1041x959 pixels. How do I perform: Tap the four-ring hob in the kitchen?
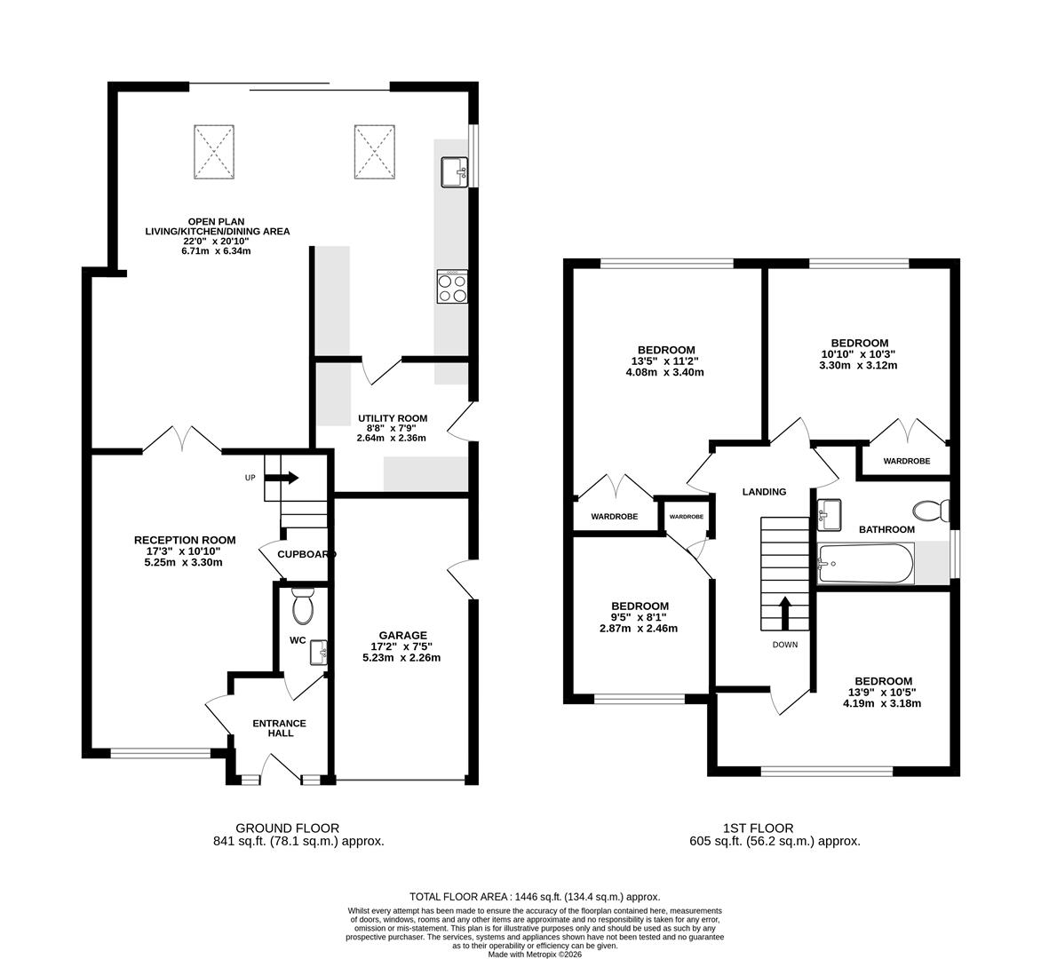coord(452,287)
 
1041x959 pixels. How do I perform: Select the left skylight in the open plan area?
coord(214,152)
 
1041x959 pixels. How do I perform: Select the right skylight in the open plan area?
coord(375,152)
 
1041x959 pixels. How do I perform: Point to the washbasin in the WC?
coord(320,653)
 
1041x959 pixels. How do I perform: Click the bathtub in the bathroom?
coord(866,564)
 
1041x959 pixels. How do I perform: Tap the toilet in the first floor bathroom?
coord(931,511)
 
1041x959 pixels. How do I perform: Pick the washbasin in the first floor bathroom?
coord(830,515)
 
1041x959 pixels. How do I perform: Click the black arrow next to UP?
coord(290,478)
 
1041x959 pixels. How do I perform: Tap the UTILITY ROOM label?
coord(393,419)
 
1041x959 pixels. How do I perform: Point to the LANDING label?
coord(764,492)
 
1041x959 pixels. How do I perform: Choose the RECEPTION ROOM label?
coord(185,540)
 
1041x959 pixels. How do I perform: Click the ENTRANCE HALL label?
coord(280,728)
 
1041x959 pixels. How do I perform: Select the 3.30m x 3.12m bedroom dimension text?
coord(859,365)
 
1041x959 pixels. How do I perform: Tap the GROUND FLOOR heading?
coord(288,828)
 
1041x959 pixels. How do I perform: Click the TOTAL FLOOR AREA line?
coord(535,897)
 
